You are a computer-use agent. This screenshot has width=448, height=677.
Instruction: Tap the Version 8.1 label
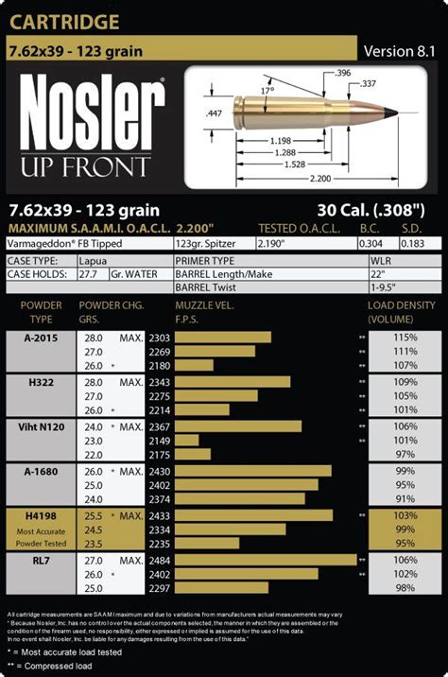tap(400, 51)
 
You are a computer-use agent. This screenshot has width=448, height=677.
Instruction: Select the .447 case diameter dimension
tap(214, 113)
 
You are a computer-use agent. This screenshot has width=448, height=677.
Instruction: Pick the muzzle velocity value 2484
tap(186, 561)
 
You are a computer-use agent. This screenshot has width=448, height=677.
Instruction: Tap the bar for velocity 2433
tap(253, 515)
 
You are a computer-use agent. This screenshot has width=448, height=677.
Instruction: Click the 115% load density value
tap(405, 338)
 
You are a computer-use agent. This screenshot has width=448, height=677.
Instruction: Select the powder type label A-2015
tap(44, 338)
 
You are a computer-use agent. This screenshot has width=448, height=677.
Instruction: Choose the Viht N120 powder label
tap(44, 426)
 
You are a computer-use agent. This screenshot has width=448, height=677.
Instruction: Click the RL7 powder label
tap(44, 561)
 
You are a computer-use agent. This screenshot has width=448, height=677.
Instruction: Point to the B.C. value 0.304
tap(371, 243)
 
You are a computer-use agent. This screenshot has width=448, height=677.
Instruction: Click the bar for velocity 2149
tap(187, 441)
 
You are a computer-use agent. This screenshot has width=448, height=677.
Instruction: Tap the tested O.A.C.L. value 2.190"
tap(272, 243)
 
